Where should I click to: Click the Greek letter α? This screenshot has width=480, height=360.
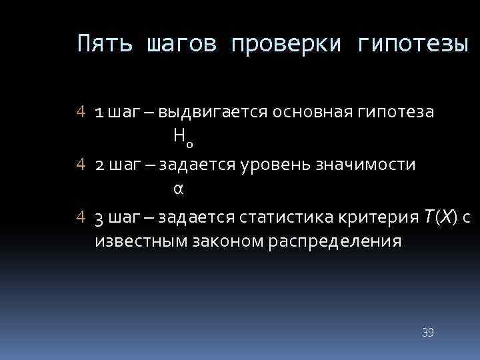(x=177, y=189)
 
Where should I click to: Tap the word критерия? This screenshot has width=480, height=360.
(x=381, y=217)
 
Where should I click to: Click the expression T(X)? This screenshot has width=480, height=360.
(x=440, y=217)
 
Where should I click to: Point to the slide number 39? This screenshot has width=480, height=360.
(x=428, y=332)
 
